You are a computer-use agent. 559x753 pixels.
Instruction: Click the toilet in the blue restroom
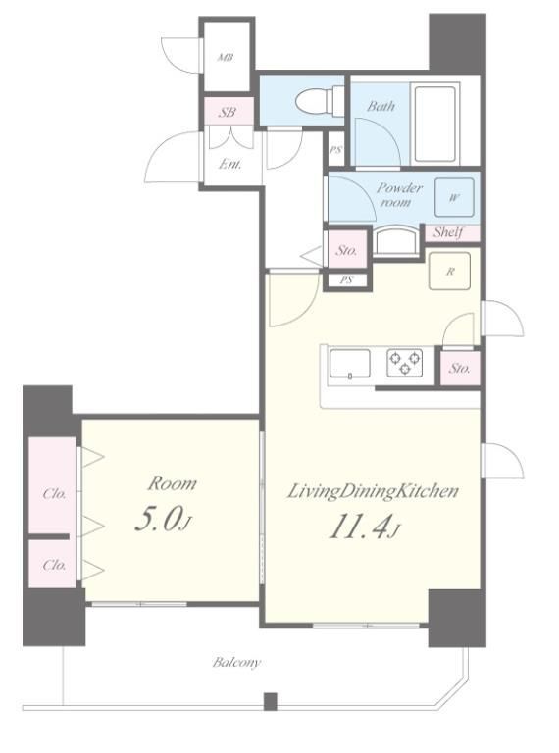point(319,101)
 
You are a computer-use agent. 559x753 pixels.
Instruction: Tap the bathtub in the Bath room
point(434,124)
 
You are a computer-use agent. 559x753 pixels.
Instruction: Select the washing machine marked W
point(454,197)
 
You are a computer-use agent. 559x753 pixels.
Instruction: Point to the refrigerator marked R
point(449,271)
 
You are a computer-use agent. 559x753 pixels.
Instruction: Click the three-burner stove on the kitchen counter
point(405,363)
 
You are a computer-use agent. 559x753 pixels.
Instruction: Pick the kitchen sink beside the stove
point(349,365)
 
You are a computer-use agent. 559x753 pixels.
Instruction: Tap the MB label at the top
point(226,58)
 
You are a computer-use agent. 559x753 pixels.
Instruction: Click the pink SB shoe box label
point(228,113)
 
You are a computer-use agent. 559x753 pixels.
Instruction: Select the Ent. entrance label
point(230,165)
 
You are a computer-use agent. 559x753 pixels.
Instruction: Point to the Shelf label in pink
point(448,233)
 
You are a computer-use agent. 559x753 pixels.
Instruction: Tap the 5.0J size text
point(163,520)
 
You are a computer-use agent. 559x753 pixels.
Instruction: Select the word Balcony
point(236,663)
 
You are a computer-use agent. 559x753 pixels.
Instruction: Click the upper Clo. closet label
point(54,494)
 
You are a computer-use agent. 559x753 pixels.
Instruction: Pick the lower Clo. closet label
point(54,565)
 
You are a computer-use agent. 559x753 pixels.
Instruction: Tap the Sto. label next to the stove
point(460,369)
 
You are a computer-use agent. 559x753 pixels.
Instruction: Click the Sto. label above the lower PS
point(346,250)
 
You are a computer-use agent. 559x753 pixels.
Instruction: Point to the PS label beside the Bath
point(335,150)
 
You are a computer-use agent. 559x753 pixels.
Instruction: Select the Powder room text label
point(399,194)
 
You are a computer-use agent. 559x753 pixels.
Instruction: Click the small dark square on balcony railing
point(271,701)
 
